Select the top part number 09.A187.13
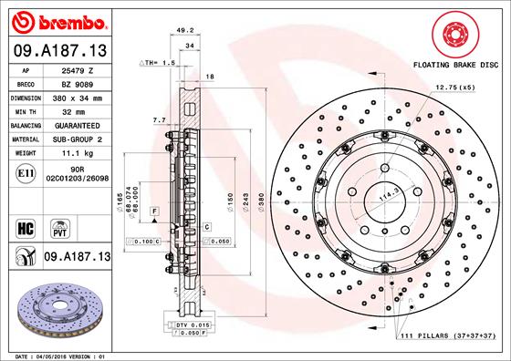tap(58, 48)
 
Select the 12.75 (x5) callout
tap(455, 87)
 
